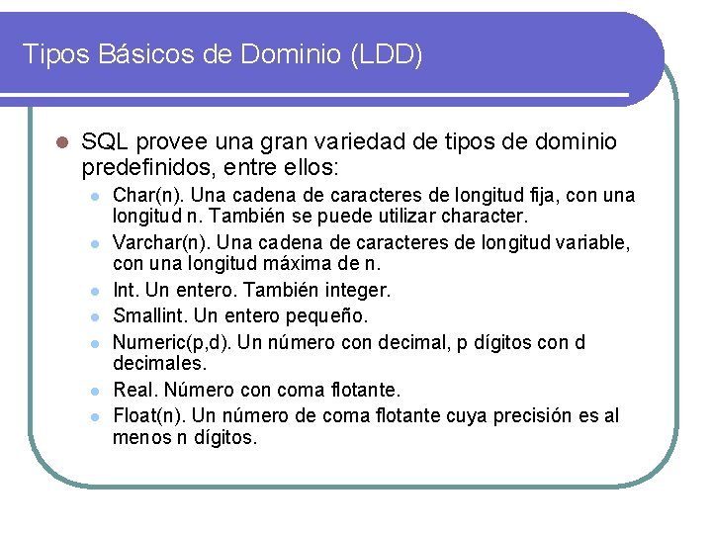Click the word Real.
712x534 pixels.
click(133, 391)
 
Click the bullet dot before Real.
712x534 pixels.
click(94, 392)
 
